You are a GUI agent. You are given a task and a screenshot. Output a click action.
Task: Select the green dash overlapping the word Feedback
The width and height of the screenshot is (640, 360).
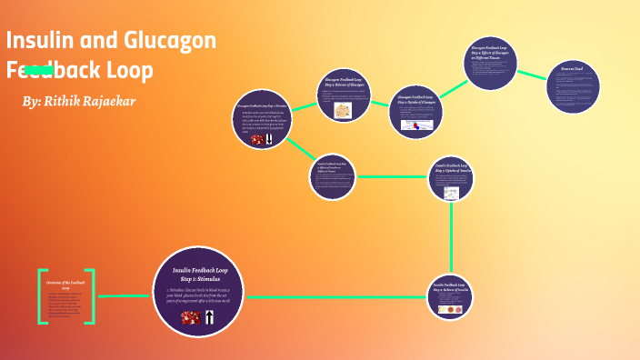point(38,69)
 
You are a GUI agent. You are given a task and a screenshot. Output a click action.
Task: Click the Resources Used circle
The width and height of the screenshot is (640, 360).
point(574,87)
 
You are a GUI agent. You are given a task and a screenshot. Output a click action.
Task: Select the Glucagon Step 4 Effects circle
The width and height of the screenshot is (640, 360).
point(490,63)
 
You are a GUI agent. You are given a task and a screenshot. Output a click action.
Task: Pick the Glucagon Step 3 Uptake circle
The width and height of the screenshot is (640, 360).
point(415,112)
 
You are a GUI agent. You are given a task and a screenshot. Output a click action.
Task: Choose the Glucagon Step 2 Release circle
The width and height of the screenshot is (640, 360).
point(343,95)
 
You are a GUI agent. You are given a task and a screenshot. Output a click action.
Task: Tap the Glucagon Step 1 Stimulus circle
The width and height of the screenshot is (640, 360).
point(262,119)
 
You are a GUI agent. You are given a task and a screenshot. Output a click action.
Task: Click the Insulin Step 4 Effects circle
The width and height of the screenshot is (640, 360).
point(332,176)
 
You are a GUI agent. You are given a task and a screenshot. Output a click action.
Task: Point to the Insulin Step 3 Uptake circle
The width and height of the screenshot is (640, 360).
point(452,178)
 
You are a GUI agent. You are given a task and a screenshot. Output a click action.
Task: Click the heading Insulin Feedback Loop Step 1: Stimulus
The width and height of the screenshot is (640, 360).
point(199,275)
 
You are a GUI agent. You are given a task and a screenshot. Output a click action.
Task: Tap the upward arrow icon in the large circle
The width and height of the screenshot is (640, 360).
point(210,317)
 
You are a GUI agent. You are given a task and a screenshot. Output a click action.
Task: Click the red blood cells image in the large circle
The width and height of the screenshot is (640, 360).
point(191,317)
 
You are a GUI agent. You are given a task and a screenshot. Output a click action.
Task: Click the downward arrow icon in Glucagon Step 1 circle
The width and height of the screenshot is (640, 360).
point(269,140)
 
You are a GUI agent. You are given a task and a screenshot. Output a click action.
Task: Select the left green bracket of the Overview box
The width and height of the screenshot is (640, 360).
point(41,296)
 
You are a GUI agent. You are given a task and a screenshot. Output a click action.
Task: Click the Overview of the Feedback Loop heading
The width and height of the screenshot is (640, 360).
point(65,285)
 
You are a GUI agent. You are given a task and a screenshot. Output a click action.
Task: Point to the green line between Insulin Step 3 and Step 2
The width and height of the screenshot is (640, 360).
point(452,236)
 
